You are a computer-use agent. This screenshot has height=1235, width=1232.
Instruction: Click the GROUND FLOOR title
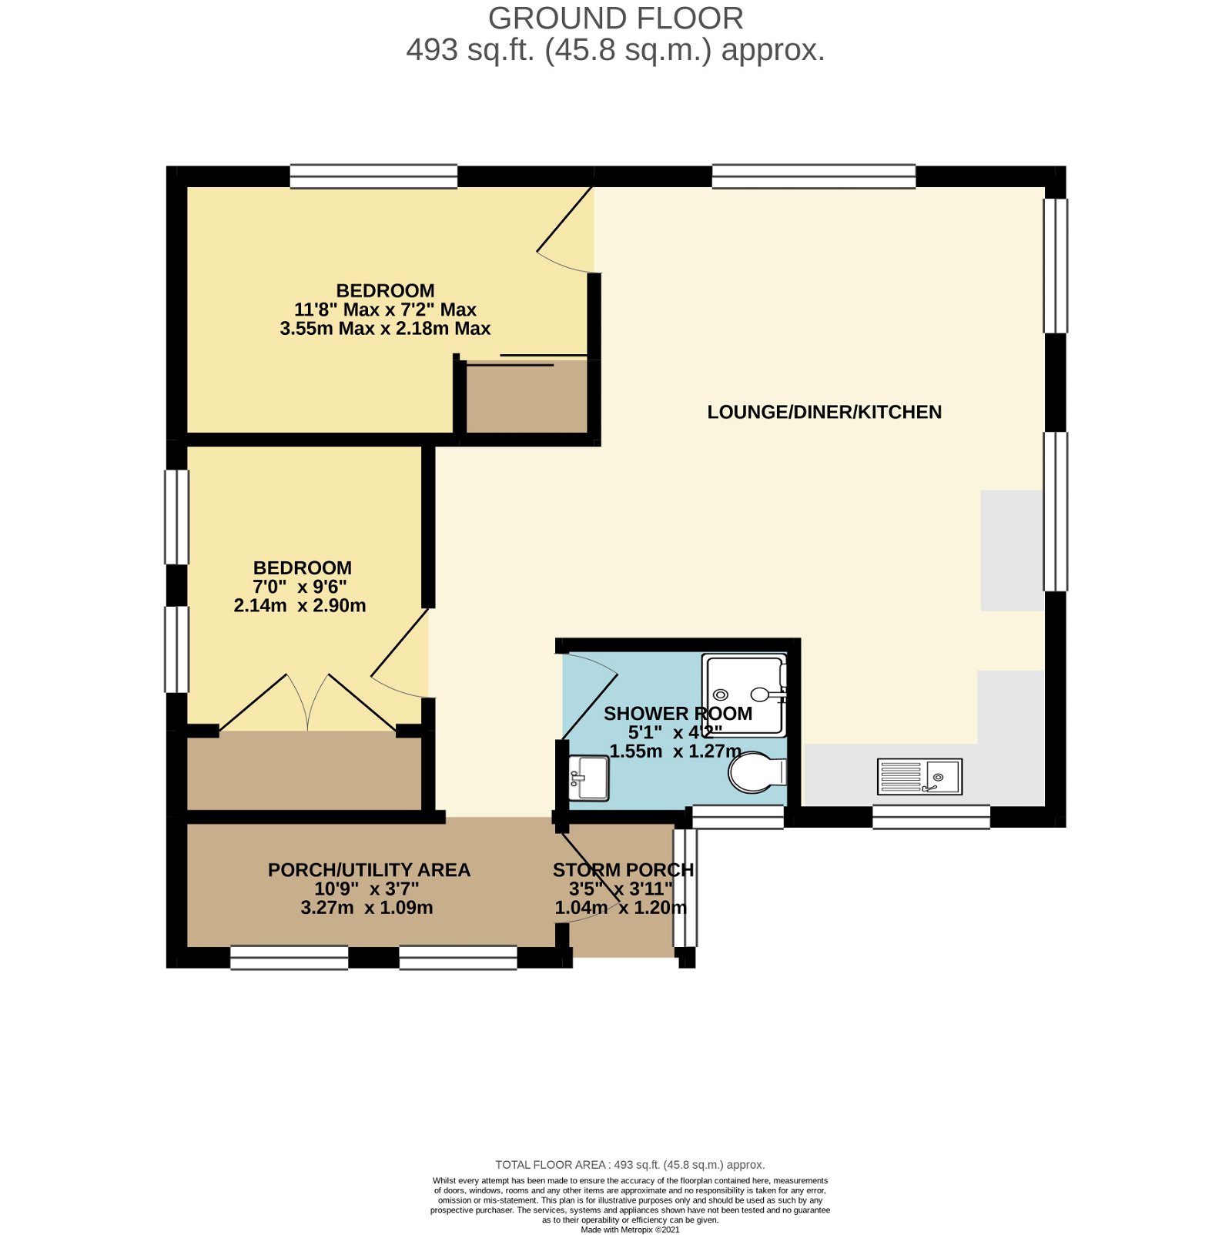(615, 18)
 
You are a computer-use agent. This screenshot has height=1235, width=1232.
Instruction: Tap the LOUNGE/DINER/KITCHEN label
(824, 412)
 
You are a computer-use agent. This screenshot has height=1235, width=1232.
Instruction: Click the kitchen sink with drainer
(919, 776)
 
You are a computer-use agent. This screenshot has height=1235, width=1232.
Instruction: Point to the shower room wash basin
(589, 778)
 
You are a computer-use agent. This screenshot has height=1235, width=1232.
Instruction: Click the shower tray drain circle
(721, 694)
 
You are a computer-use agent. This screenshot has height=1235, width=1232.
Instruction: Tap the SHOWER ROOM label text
(678, 714)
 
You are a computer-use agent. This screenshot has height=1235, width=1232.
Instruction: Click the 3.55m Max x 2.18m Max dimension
(385, 329)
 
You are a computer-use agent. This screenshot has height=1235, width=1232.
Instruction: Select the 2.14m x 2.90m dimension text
(300, 606)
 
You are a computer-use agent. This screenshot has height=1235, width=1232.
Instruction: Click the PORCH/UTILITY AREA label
(369, 870)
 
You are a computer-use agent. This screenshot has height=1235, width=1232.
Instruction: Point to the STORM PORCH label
(623, 870)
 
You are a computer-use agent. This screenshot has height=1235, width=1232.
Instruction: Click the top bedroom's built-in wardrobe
(527, 398)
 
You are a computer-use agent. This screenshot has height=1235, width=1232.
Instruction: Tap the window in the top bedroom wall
(373, 176)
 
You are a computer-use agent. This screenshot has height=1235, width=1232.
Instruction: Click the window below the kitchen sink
(931, 817)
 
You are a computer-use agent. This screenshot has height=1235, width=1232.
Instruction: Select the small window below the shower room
(738, 817)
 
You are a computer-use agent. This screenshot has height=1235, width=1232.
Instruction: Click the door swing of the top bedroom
(566, 231)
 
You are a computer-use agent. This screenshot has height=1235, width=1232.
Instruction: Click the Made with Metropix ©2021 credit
(630, 1230)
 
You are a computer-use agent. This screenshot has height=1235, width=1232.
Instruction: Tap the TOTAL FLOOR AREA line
(630, 1165)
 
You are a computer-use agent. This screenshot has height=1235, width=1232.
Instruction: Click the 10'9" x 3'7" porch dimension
(367, 889)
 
